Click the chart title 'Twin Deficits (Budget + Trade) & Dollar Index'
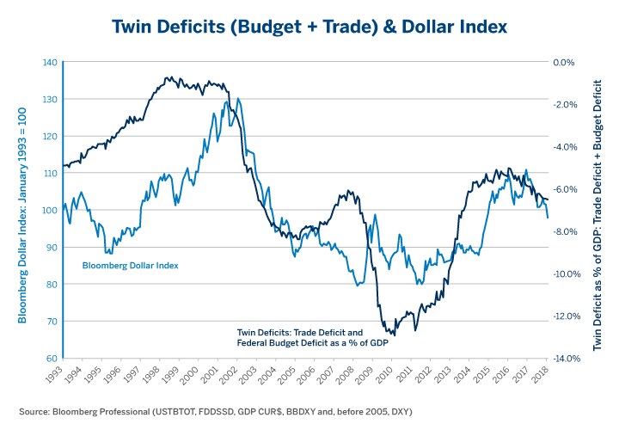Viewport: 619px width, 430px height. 309,27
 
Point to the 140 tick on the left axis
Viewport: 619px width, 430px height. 48,63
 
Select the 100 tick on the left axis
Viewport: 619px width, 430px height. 48,211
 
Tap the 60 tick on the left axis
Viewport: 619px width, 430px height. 50,359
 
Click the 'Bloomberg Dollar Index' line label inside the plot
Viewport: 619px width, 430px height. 130,265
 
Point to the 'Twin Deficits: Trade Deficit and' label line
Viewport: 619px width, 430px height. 299,330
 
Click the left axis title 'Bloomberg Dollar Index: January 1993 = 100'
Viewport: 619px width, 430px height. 23,211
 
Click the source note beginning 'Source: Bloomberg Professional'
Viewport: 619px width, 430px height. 215,412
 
